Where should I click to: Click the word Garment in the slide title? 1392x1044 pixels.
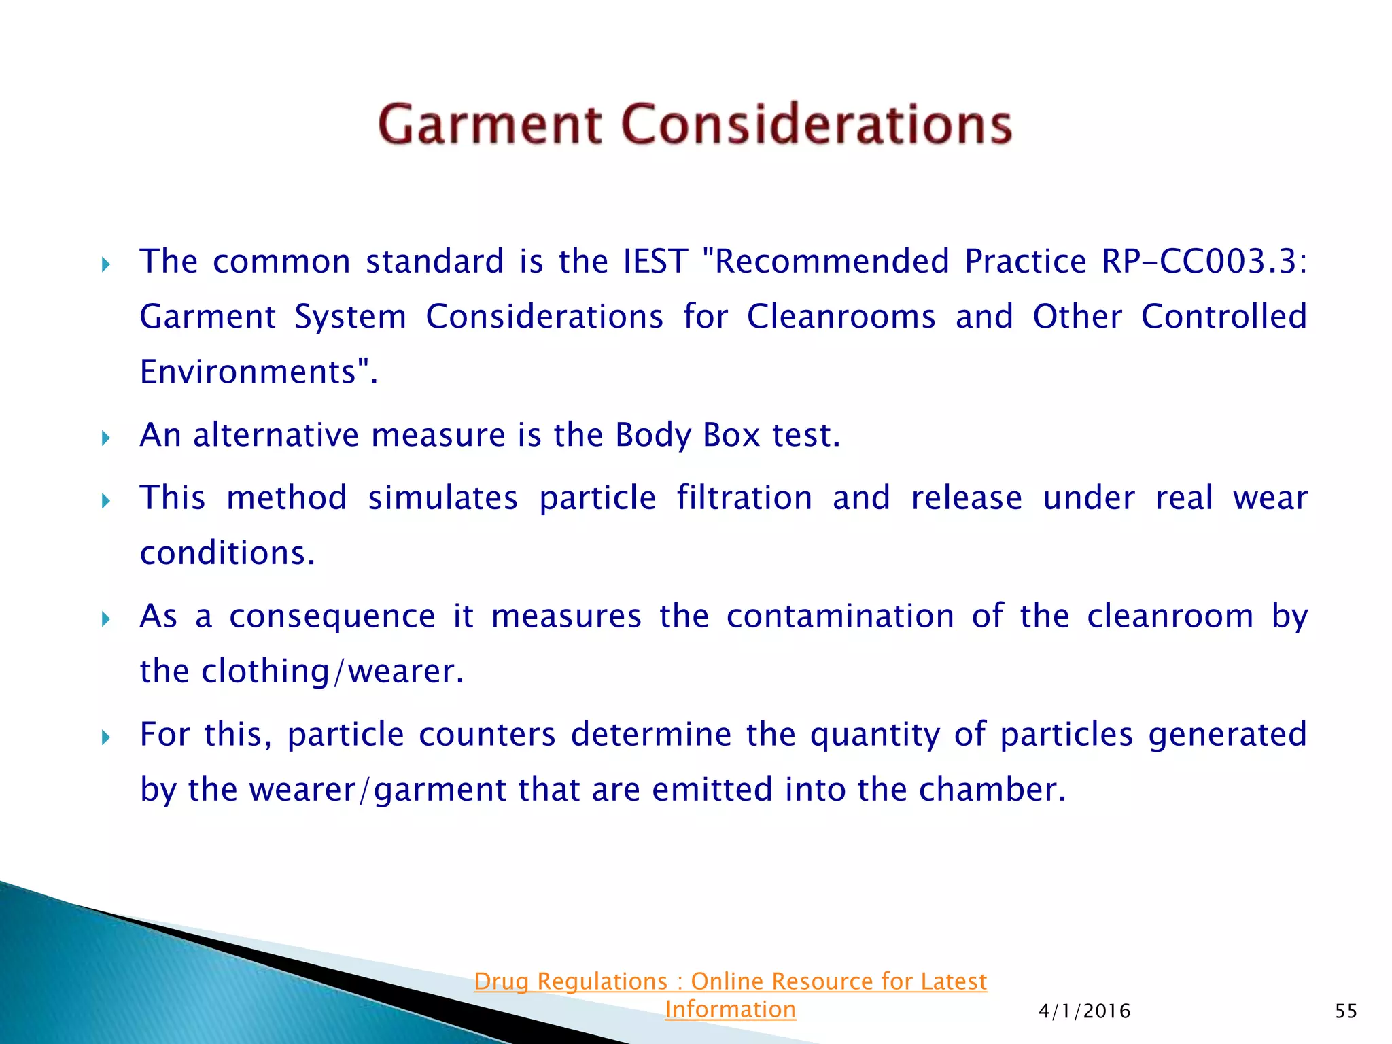489,124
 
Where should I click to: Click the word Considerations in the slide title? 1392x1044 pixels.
817,124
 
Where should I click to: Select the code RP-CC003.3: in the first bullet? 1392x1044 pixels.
1204,262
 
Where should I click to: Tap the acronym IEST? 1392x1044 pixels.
655,262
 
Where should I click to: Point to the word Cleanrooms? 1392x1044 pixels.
841,317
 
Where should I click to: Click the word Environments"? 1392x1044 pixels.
258,372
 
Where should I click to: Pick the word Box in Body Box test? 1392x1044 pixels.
731,435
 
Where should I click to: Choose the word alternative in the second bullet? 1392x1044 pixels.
275,435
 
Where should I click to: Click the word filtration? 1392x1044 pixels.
744,498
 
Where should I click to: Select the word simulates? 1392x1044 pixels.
443,498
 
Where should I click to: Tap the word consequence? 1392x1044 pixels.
332,616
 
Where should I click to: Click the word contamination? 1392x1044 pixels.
840,616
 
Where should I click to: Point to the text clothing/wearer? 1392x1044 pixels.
332,672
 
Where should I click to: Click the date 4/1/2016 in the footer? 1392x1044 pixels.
1084,1011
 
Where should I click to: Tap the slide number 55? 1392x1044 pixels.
1346,1011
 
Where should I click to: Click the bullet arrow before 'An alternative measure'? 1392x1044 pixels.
105,438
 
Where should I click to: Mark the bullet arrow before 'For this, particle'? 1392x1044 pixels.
105,737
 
